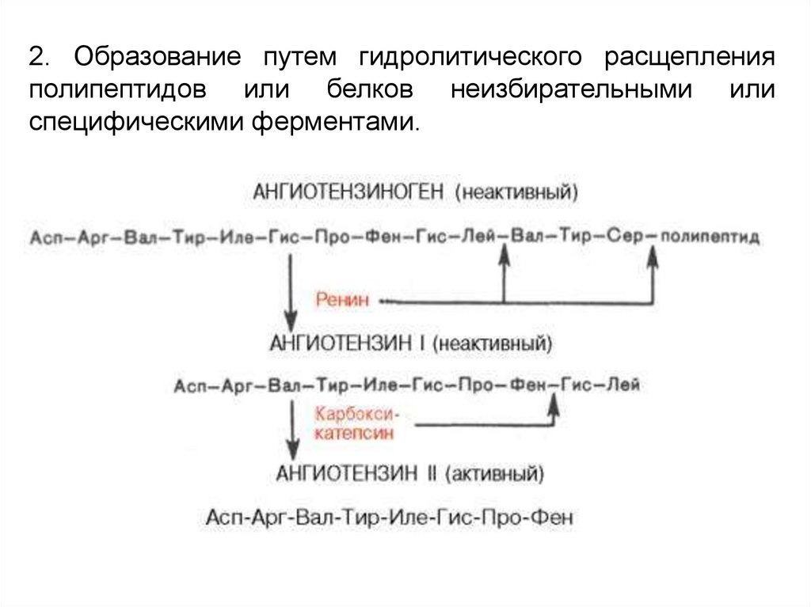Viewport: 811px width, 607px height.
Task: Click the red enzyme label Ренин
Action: tap(340, 300)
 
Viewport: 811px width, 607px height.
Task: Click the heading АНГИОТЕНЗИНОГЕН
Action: tap(350, 192)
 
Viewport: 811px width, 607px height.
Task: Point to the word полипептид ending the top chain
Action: tap(710, 237)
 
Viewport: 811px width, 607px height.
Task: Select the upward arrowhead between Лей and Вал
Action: tap(503, 252)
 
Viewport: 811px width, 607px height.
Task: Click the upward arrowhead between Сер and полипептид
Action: tap(653, 252)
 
